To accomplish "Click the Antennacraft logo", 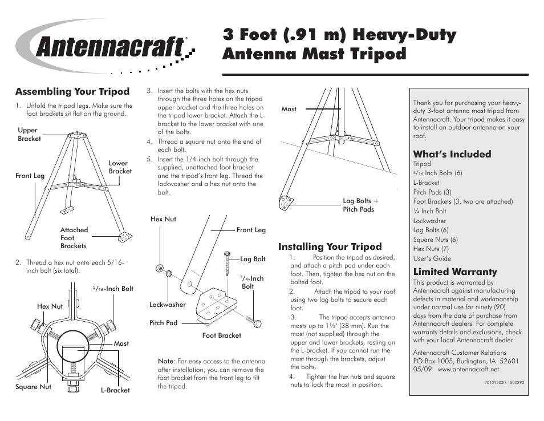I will pos(108,47).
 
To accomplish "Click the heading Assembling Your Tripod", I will pos(72,92).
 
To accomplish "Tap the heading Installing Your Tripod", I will pos(330,247).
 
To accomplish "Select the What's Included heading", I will pos(452,154).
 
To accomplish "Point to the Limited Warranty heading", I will pos(454,272).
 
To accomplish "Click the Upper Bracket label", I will pos(29,135).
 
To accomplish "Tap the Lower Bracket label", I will pos(120,167).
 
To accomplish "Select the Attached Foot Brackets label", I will pos(74,238).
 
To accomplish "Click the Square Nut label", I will pos(33,387).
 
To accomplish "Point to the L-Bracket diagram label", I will pos(115,391).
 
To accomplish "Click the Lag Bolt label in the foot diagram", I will pos(253,259).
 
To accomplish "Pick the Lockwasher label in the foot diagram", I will pos(168,305).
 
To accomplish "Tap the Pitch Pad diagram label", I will pos(163,323).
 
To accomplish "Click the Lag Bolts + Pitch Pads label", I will pos(360,205).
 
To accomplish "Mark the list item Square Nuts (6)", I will pos(435,240).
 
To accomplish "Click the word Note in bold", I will pos(165,361).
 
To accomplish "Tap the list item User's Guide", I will pos(432,258).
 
